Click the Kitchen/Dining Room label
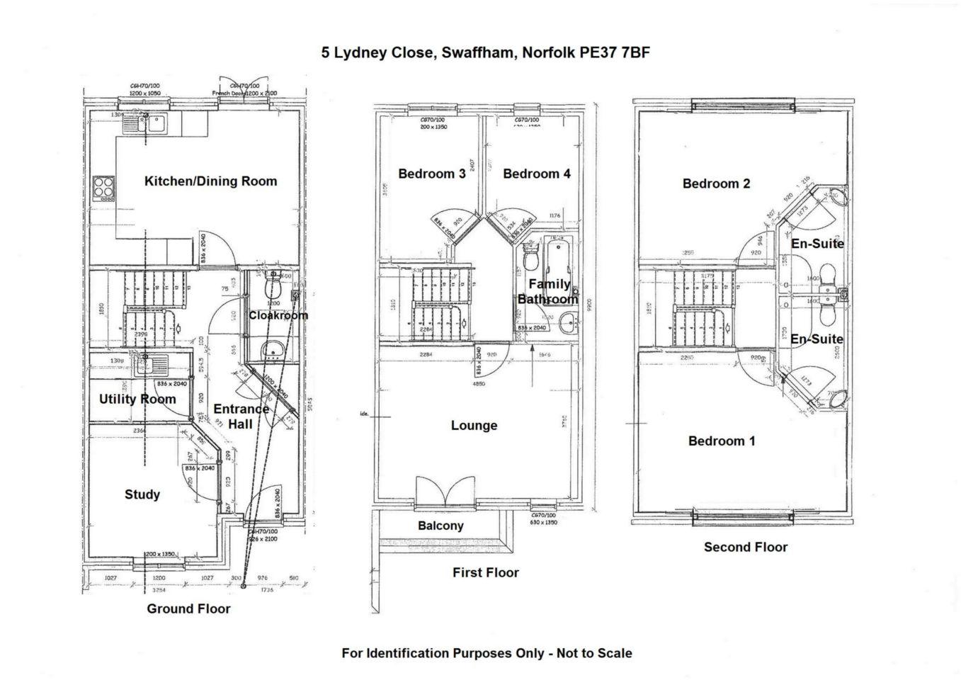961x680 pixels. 210,181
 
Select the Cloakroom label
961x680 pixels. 278,315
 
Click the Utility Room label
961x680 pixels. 137,399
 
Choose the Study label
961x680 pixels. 142,494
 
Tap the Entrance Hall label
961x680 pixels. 241,416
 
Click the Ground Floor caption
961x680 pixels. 188,608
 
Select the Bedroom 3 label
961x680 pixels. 431,174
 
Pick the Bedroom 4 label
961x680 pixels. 536,174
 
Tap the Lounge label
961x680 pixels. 474,426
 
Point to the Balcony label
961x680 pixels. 440,526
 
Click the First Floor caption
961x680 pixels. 486,572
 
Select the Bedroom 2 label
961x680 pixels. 716,183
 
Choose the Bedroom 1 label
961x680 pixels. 722,441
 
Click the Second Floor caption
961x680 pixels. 745,547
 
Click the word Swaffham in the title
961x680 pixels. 478,52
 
